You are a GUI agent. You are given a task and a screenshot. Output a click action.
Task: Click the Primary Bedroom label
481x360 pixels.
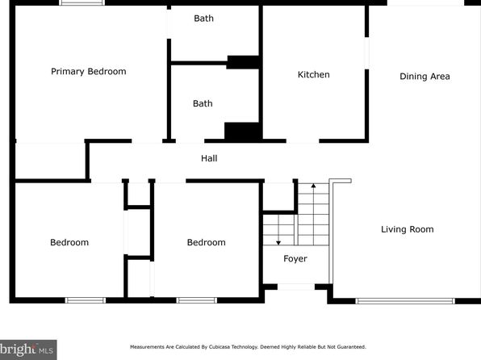tap(88, 72)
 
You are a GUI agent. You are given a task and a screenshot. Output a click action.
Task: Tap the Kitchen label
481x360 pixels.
tap(313, 74)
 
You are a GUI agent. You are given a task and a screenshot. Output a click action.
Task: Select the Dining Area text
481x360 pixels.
tap(425, 77)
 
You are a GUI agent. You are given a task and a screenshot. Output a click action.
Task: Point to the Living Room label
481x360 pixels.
tap(407, 229)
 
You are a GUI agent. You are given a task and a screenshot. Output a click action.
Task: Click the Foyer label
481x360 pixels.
tap(295, 259)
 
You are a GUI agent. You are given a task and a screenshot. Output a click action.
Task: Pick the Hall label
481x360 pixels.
tap(209, 158)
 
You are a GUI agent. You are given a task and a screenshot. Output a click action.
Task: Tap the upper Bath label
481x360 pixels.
tap(203, 19)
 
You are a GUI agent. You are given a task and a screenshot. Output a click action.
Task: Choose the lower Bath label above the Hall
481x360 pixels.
tap(203, 103)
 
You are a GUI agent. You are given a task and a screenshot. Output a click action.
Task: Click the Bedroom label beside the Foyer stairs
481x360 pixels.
tap(206, 242)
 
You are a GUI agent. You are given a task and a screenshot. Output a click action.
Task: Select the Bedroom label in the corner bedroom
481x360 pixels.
tap(69, 242)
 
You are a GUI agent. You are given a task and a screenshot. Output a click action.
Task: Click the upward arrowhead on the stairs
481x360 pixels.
tap(313, 186)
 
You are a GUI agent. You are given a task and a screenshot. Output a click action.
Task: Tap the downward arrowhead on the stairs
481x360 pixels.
tap(278, 243)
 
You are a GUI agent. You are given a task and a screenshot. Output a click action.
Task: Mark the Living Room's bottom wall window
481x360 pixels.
tap(405, 301)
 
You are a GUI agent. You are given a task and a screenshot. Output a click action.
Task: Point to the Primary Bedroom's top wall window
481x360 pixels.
tap(82, 2)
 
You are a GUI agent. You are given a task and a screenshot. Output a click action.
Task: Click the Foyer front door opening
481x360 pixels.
tap(296, 287)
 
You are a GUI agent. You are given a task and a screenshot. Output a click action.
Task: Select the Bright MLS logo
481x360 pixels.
tap(28, 350)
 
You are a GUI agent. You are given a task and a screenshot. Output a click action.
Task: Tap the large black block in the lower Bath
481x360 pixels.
tap(243, 132)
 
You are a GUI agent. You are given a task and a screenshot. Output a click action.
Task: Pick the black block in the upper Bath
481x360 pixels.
tap(244, 62)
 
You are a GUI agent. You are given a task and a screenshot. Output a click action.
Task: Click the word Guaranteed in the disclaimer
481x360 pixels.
tap(351, 347)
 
